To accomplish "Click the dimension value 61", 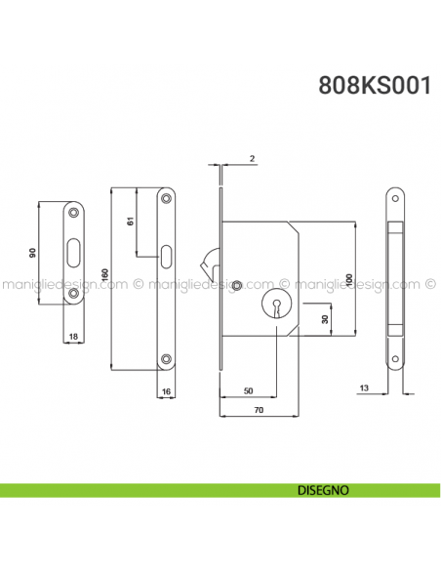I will click(x=131, y=223).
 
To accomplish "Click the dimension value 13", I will click(x=363, y=389).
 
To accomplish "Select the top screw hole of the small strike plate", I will click(x=75, y=212).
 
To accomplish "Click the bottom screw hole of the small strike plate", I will click(x=75, y=294).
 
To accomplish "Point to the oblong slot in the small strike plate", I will click(x=75, y=253).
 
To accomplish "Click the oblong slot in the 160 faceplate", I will click(x=167, y=258).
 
